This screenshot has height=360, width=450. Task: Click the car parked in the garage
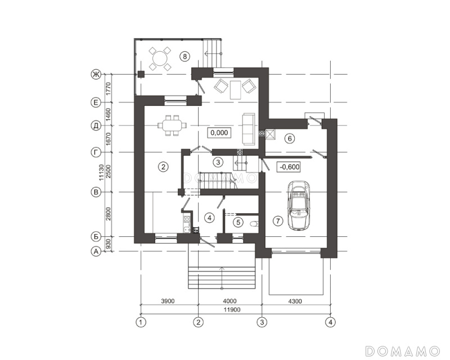click(x=300, y=205)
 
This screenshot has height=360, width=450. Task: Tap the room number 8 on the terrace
click(x=185, y=56)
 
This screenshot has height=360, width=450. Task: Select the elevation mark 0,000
click(x=219, y=133)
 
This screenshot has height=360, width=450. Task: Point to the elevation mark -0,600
click(x=289, y=167)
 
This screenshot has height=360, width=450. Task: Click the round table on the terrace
click(x=160, y=59)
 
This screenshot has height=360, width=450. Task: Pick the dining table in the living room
click(x=172, y=125)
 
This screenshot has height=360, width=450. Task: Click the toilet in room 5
click(x=254, y=223)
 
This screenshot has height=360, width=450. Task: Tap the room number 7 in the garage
click(x=277, y=220)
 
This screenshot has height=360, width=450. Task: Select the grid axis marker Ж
click(x=96, y=74)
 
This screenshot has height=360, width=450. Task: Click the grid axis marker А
click(x=96, y=251)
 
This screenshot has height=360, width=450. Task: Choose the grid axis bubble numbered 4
click(x=330, y=322)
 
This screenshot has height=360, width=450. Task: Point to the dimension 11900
click(x=233, y=310)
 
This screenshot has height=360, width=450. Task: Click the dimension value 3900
click(x=168, y=301)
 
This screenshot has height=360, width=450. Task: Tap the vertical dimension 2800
click(x=108, y=214)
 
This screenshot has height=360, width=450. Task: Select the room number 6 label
click(x=290, y=139)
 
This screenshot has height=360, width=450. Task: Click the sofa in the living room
click(x=249, y=129)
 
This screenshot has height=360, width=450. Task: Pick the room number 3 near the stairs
click(x=218, y=162)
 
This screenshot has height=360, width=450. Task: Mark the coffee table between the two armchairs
click(x=236, y=89)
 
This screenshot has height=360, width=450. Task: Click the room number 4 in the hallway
click(x=209, y=218)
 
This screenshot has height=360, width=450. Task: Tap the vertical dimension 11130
click(x=101, y=173)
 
